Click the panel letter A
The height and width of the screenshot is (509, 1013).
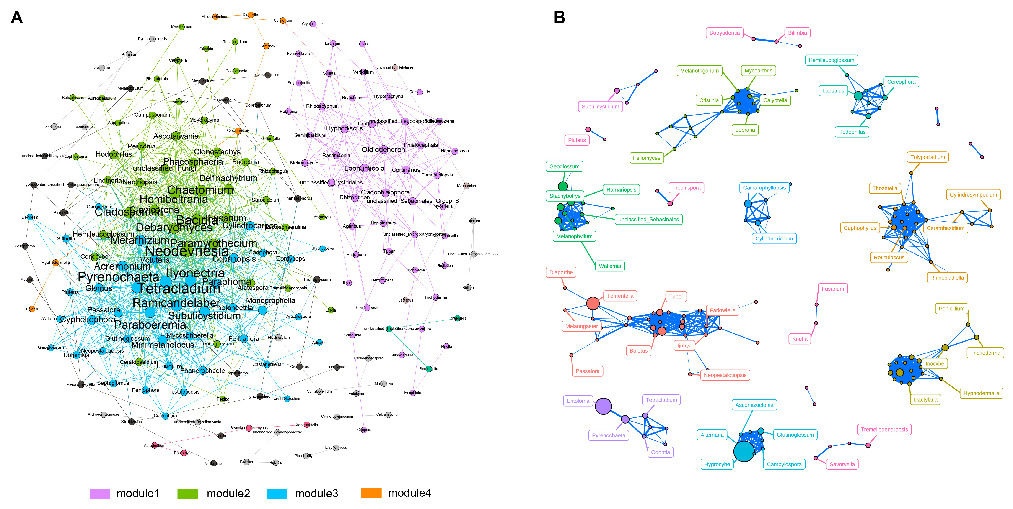pyautogui.click(x=16, y=18)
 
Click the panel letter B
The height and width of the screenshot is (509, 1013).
pyautogui.click(x=559, y=18)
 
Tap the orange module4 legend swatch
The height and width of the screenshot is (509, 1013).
pyautogui.click(x=371, y=493)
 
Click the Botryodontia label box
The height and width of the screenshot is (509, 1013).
pyautogui.click(x=724, y=33)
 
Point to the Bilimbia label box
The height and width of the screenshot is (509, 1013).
pyautogui.click(x=797, y=33)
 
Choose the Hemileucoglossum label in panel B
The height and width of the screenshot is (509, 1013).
pyautogui.click(x=831, y=60)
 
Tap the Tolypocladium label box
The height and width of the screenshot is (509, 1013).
pyautogui.click(x=928, y=157)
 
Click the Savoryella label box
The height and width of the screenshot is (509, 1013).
pyautogui.click(x=842, y=464)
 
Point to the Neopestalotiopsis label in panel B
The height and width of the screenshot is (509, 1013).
pyautogui.click(x=725, y=375)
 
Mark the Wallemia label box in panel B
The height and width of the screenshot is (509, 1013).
pyautogui.click(x=609, y=266)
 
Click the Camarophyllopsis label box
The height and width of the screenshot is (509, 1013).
pyautogui.click(x=764, y=188)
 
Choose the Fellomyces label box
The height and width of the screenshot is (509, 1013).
pyautogui.click(x=647, y=158)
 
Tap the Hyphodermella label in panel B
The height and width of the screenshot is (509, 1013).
pyautogui.click(x=981, y=393)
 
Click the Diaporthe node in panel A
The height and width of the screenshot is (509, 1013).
pyautogui.click(x=251, y=15)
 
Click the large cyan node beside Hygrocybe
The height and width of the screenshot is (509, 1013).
pyautogui.click(x=744, y=451)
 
